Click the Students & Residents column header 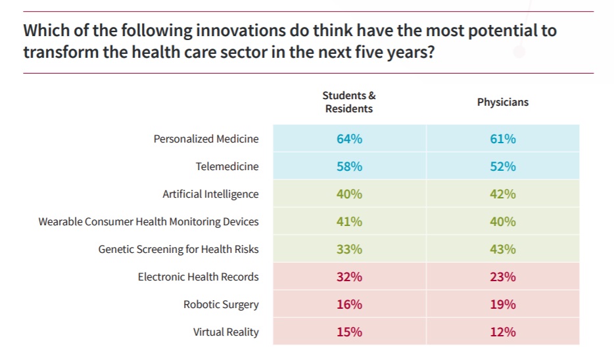click(349, 102)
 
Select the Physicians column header click(502, 102)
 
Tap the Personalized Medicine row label click(206, 139)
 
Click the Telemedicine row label click(227, 167)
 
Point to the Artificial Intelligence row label click(210, 194)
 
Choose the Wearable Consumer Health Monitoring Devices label click(149, 222)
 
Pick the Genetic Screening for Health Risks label click(178, 250)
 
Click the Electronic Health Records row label click(198, 277)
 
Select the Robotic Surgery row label click(221, 305)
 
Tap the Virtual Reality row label click(225, 332)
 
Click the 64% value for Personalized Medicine click(349, 139)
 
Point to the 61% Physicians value click(502, 139)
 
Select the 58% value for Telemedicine click(349, 167)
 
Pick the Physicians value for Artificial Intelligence click(502, 194)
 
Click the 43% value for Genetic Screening click(502, 250)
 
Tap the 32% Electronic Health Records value click(349, 277)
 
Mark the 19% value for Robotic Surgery click(502, 305)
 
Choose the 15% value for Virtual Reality click(349, 332)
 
